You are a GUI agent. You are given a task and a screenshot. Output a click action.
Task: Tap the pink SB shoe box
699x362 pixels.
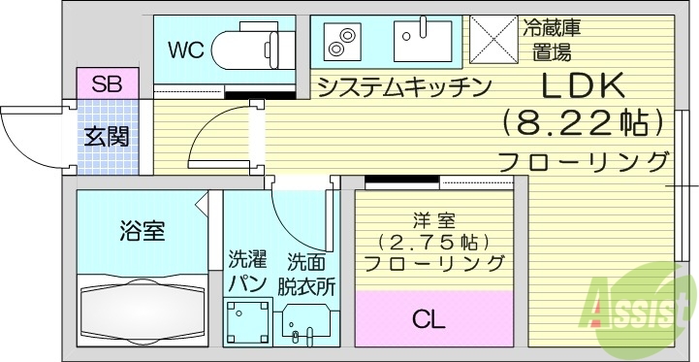pos(107,83)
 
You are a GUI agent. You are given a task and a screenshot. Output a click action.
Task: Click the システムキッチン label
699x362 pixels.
pos(403,88)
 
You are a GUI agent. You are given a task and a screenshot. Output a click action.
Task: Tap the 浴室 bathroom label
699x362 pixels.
pos(142,231)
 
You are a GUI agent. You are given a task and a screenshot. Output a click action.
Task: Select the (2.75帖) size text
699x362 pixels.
pos(432,241)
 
